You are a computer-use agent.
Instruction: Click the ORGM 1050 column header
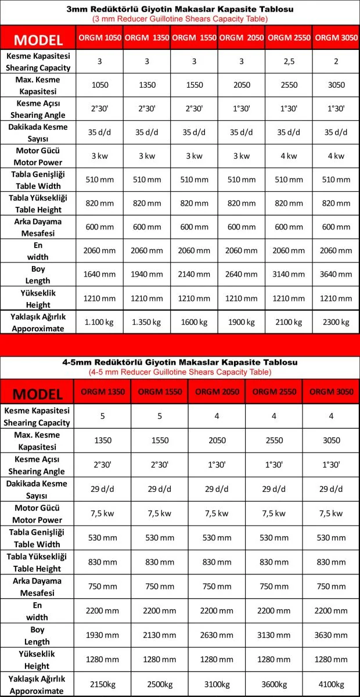coord(99,38)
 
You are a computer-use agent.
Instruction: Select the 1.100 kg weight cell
coord(99,322)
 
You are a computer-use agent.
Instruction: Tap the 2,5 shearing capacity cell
coord(289,61)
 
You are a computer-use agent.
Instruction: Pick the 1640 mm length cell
coord(99,275)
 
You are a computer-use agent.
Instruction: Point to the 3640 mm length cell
coord(336,275)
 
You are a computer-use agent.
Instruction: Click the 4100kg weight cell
coord(331,683)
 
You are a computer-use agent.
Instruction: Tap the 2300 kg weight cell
coord(336,322)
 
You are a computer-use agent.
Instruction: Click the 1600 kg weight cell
coord(194,322)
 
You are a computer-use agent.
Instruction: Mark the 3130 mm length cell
coord(274,635)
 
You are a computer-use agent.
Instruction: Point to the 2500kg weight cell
coord(160,683)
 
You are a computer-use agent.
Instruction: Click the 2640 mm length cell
coord(241,275)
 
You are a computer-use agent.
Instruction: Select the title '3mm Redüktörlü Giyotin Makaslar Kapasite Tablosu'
coord(180,10)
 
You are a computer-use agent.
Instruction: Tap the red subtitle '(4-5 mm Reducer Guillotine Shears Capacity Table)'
coord(180,372)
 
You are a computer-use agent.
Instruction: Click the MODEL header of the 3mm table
coord(38,39)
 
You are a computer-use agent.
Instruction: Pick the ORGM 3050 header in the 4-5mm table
coord(331,392)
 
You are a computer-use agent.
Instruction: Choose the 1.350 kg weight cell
coord(146,322)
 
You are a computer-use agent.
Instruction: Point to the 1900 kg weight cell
coord(241,322)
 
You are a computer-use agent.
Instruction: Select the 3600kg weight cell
coord(274,683)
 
